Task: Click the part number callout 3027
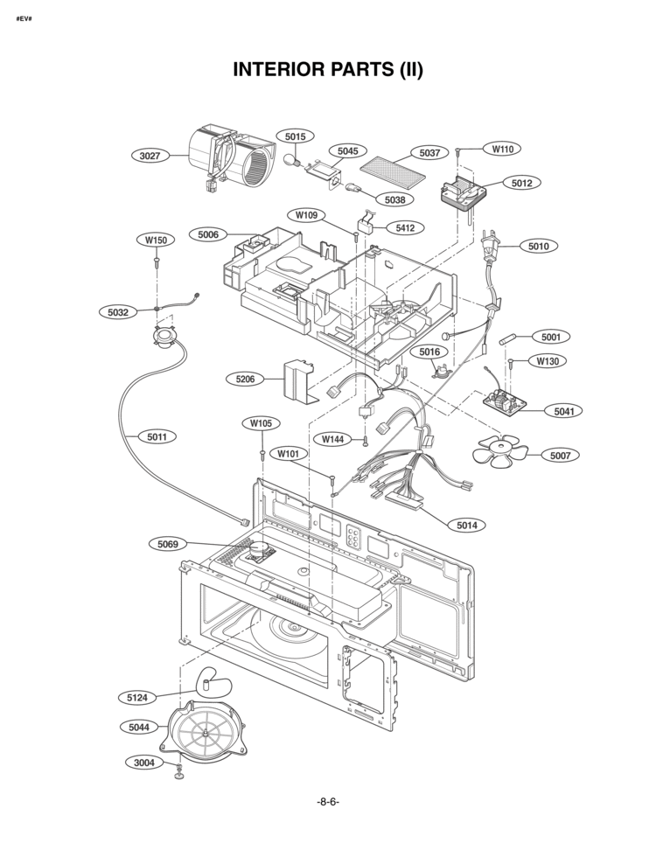pos(150,156)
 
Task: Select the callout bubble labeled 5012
pos(521,183)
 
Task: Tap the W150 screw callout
pos(156,240)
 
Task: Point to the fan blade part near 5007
pos(497,453)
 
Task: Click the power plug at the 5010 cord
pos(491,243)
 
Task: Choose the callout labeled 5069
pos(168,544)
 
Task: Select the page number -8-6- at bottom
pos(328,802)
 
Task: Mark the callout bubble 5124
pos(137,697)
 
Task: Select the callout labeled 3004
pos(144,763)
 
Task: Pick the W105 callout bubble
pos(261,423)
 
